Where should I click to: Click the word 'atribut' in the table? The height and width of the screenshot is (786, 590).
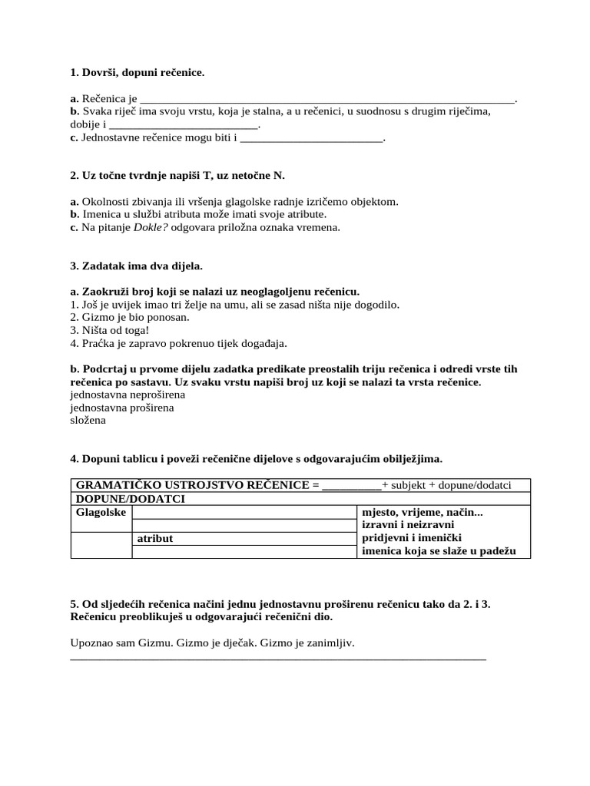tap(154, 539)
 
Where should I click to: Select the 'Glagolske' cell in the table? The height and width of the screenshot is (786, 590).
tap(101, 512)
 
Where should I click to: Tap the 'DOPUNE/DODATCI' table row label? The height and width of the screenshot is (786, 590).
tap(130, 499)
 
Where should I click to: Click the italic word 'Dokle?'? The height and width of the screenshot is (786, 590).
tap(151, 227)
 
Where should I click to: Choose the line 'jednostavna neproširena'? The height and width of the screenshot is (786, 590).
tap(127, 395)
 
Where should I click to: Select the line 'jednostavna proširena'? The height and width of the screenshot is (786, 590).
tap(121, 408)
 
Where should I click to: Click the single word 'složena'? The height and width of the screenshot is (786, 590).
tap(88, 421)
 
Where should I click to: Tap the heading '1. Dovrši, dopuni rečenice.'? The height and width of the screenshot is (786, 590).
tap(138, 73)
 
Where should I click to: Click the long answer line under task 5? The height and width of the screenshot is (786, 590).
tap(278, 658)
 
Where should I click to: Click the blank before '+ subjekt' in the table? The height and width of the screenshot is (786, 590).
tap(352, 486)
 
